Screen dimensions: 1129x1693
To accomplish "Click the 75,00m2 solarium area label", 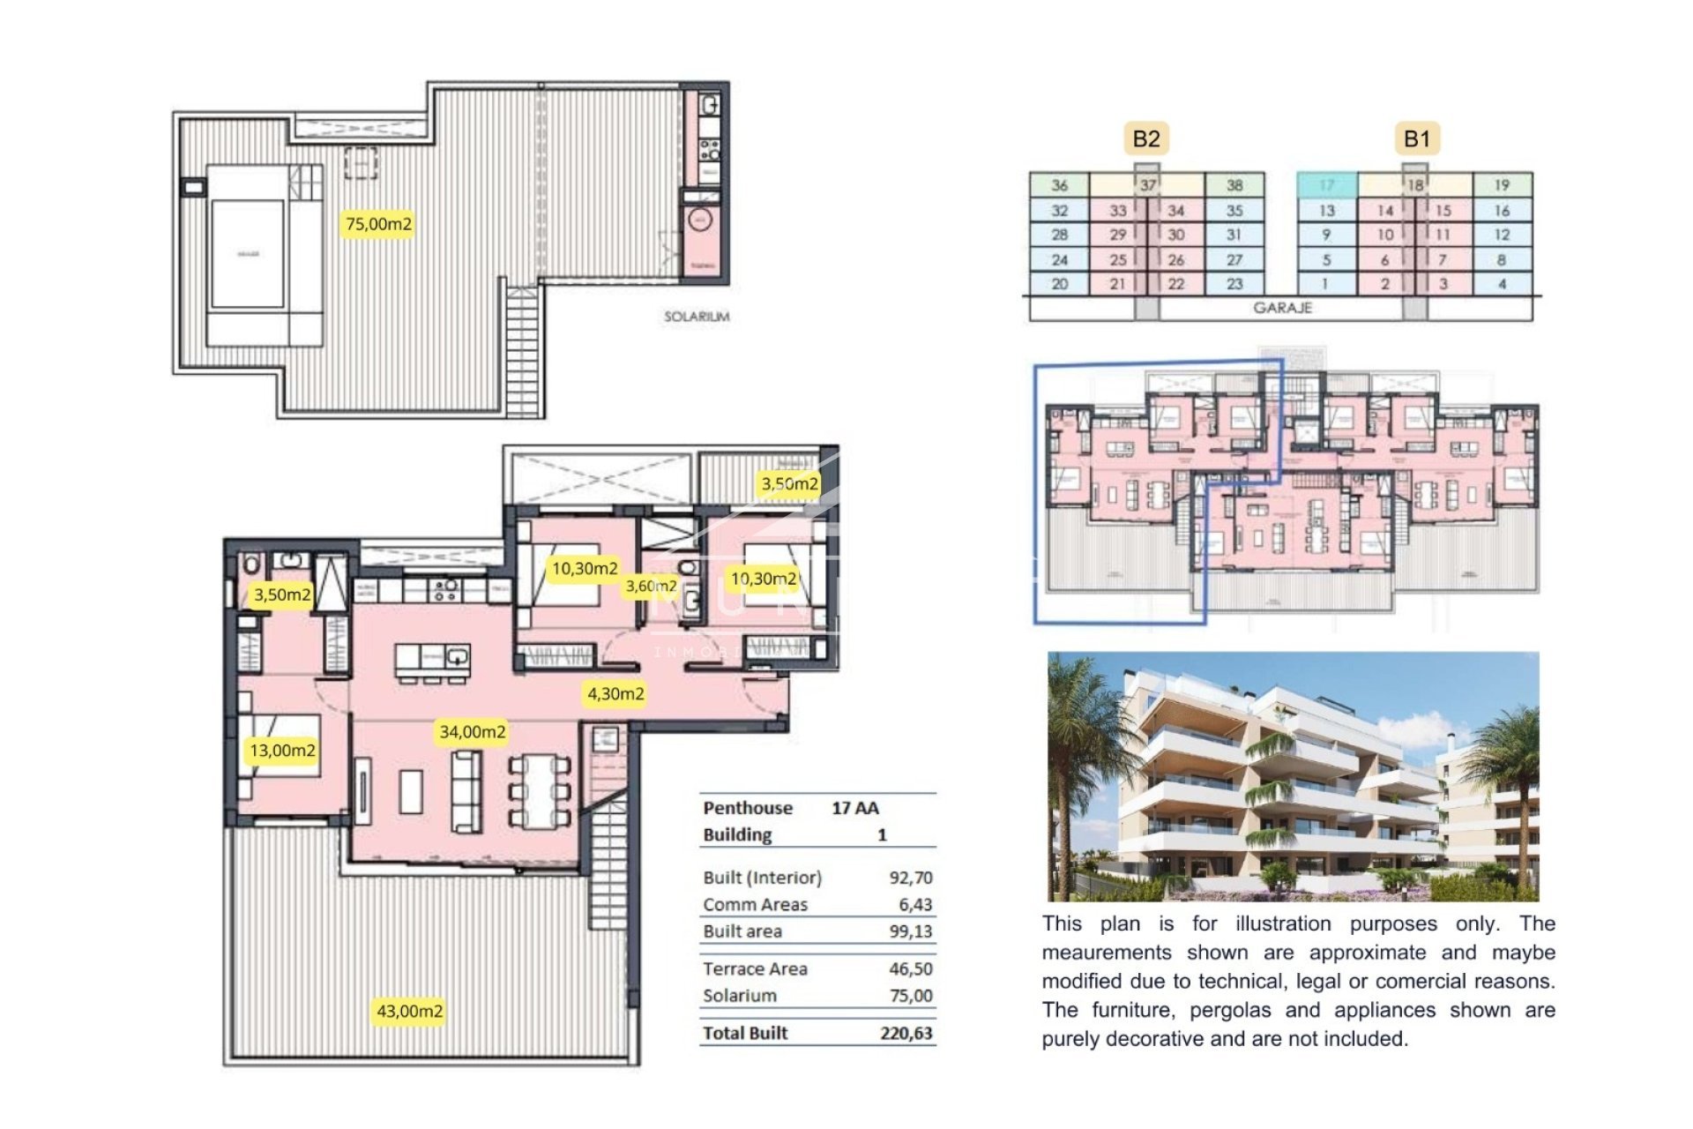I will click(378, 224).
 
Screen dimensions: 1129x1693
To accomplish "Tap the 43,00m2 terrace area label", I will click(409, 1011).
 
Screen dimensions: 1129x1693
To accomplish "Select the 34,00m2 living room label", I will click(473, 732).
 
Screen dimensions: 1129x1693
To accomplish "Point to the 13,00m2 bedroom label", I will click(282, 751).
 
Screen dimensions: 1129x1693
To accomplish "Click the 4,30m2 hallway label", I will click(615, 694).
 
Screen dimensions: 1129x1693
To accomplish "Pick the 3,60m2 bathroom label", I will click(651, 587).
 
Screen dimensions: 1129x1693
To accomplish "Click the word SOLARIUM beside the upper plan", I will click(696, 317).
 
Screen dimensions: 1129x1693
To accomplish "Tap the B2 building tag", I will click(1145, 138).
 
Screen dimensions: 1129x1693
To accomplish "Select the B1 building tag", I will click(1416, 138).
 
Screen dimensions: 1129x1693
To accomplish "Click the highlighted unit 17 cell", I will click(1326, 185).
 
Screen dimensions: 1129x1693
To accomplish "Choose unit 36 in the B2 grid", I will click(1059, 185).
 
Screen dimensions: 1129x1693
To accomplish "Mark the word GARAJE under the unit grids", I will click(1282, 308).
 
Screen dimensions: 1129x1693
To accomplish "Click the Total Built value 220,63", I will click(906, 1033).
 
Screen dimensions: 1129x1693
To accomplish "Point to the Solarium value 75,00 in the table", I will click(910, 996).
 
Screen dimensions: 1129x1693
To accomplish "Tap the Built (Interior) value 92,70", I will click(910, 878).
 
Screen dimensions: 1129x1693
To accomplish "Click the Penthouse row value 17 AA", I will click(854, 808).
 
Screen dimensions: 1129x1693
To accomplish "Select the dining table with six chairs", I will click(541, 790).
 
